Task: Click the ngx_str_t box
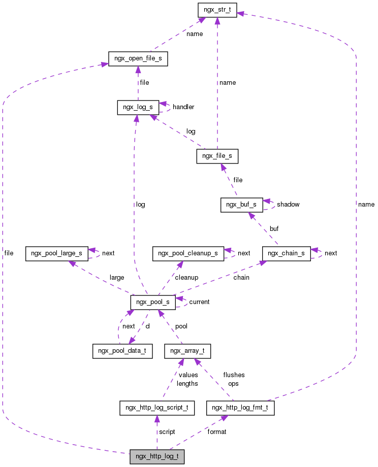point(217,10)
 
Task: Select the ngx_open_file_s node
point(138,58)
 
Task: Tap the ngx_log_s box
point(138,107)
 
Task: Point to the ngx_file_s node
point(217,156)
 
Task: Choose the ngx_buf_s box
point(242,205)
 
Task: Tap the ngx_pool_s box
point(153,302)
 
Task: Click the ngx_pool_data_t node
point(122,351)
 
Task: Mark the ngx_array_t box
point(187,351)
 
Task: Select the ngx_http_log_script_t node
point(157,408)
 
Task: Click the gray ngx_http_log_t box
point(156,456)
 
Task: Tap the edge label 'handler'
point(183,107)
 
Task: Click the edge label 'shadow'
point(288,205)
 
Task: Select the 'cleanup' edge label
point(186,278)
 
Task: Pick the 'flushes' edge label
point(234,375)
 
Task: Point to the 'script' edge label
point(167,432)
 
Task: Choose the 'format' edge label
point(217,432)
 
